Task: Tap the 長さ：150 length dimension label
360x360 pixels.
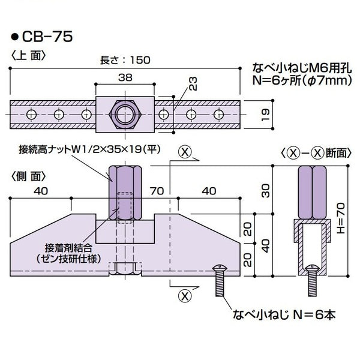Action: tap(125, 60)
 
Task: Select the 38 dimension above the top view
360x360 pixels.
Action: tap(125, 76)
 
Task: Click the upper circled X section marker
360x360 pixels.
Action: tap(185, 152)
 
